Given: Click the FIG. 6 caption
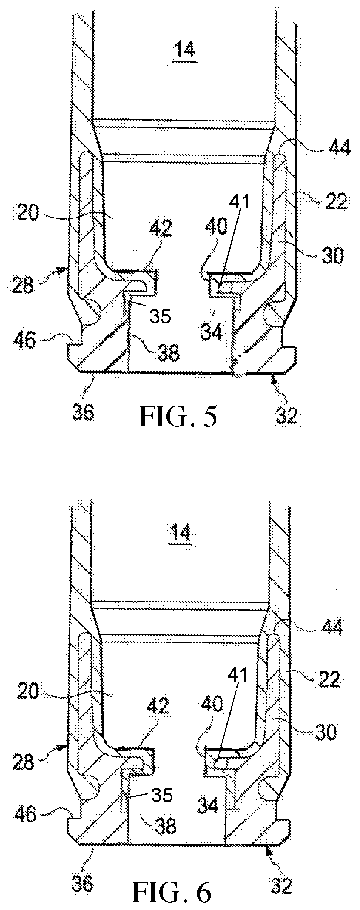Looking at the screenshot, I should [x=172, y=891].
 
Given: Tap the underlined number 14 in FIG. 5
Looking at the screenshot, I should [x=185, y=49].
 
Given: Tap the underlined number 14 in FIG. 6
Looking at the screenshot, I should [x=181, y=533].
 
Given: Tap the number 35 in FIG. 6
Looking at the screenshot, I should [x=162, y=795].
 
